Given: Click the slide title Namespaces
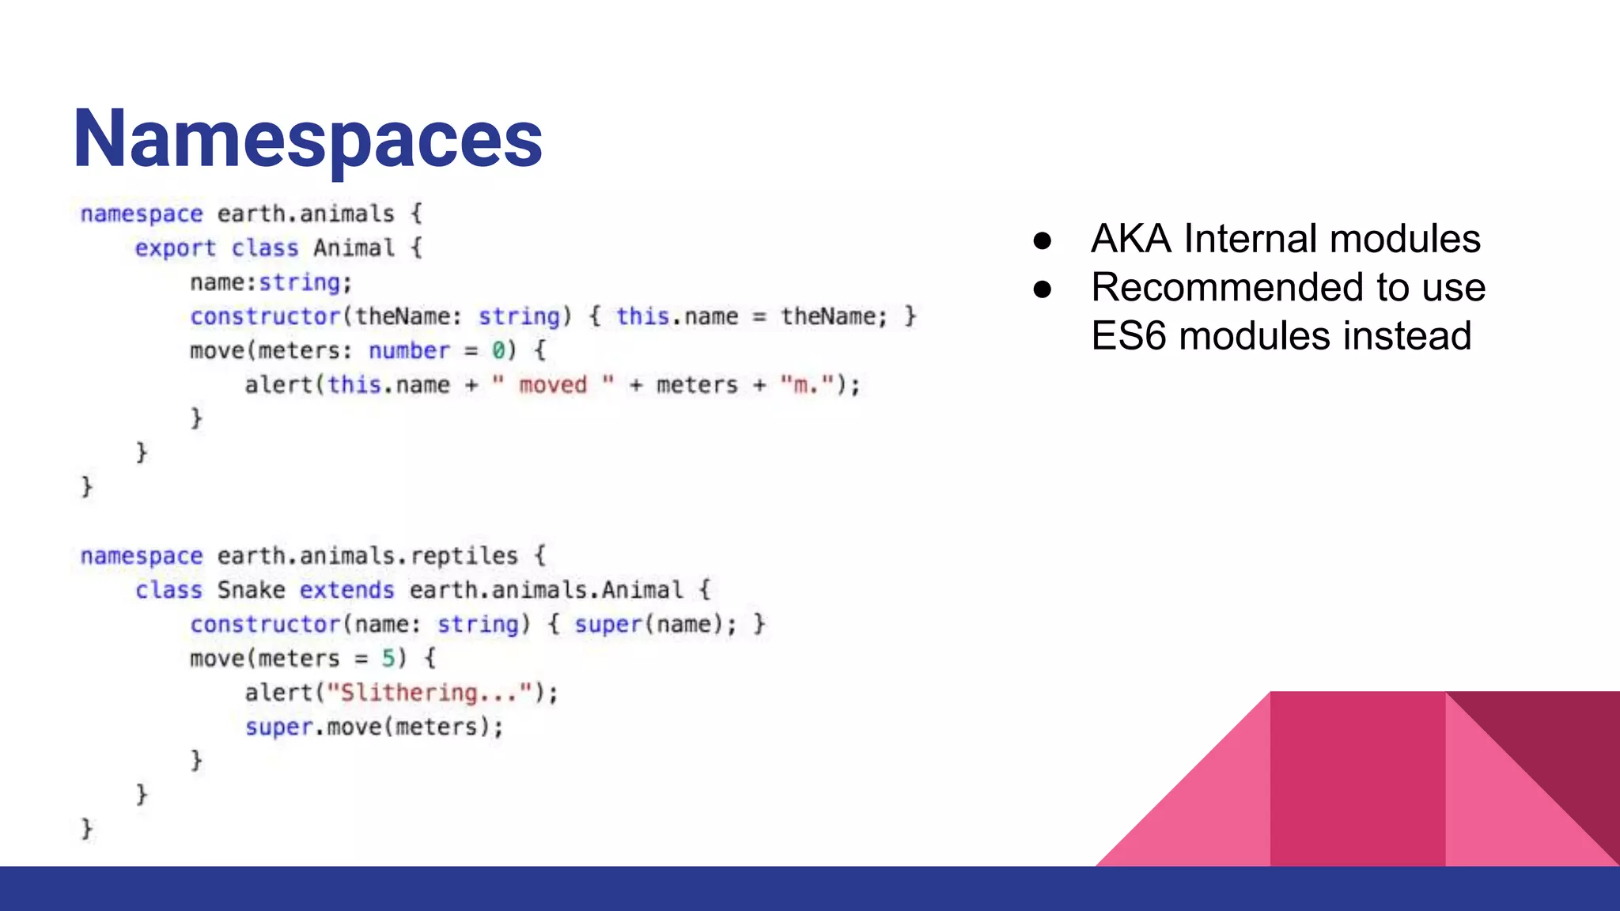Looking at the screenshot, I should click(308, 139).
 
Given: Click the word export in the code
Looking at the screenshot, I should click(175, 248).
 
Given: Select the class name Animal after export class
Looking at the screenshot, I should click(354, 248).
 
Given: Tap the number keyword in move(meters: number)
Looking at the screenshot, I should click(409, 351).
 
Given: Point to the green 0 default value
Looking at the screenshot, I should click(498, 351).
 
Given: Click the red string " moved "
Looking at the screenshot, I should click(553, 385).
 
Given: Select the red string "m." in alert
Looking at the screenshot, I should click(807, 385).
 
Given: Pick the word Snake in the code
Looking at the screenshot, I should click(251, 591).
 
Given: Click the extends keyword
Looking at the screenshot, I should click(346, 591).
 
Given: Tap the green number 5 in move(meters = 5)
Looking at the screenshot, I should click(388, 659).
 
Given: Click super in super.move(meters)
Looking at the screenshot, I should click(278, 728).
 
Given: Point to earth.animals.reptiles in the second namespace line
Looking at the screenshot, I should click(367, 556).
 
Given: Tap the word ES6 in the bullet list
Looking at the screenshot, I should click(1129, 336).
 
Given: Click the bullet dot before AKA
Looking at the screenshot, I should click(1043, 240).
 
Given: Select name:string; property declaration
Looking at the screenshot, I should click(271, 283).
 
